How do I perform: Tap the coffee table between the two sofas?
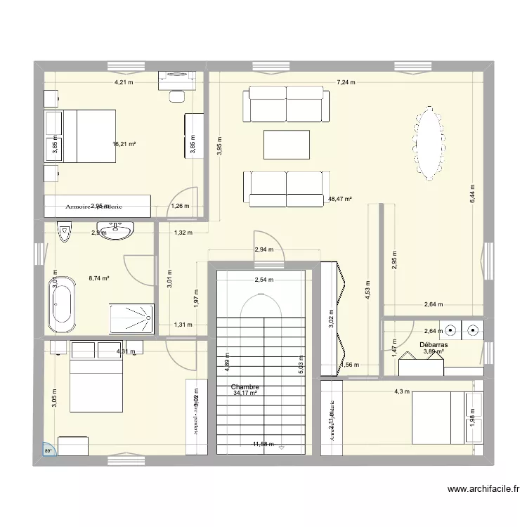click(286, 145)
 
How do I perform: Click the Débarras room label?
click(434, 345)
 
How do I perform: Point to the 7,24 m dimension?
click(346, 82)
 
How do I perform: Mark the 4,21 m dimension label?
click(124, 82)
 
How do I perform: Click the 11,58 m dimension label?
click(263, 444)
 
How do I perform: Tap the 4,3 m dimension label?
click(401, 391)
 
